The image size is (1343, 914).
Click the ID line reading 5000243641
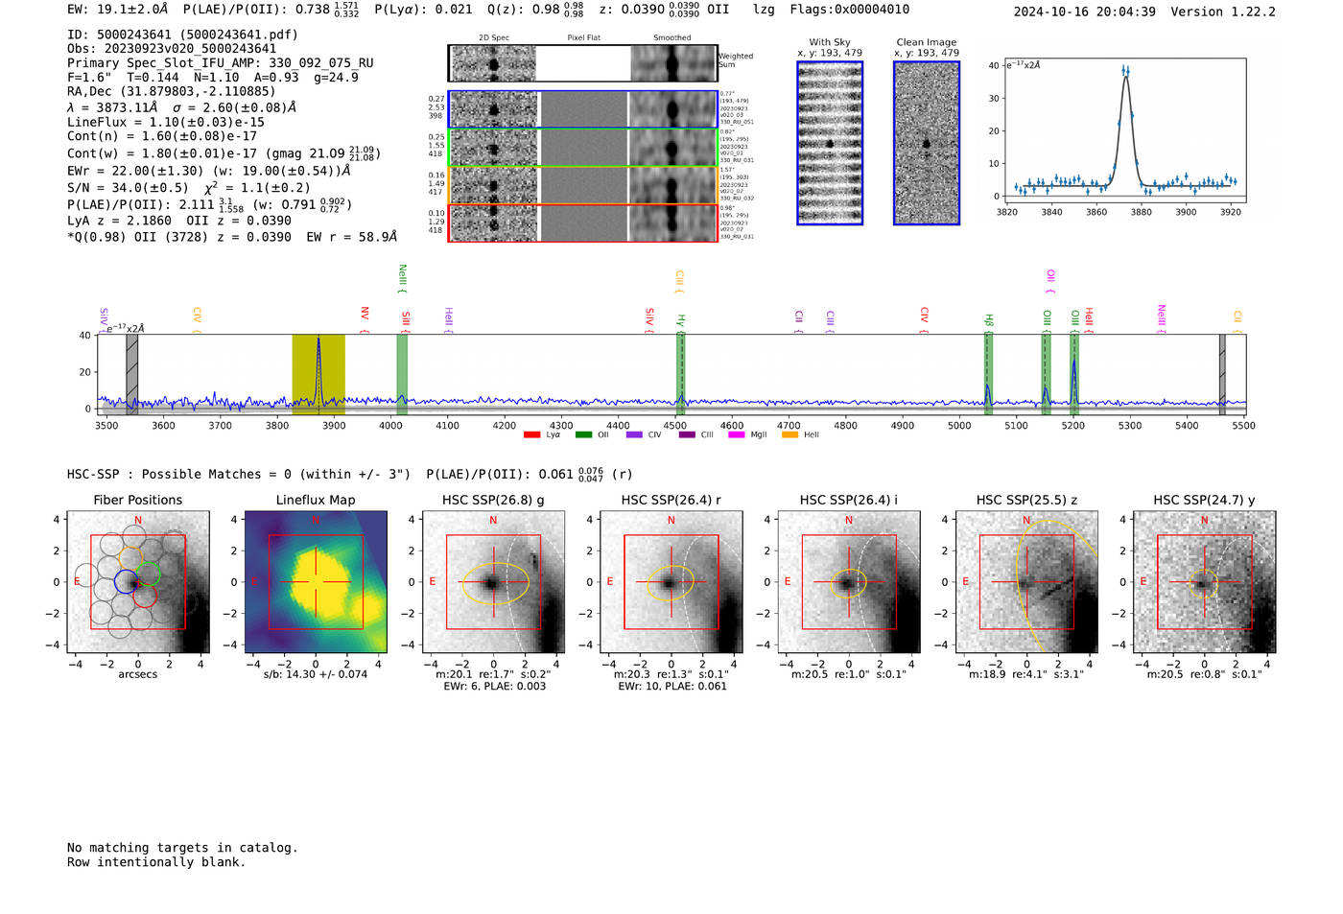tap(182, 35)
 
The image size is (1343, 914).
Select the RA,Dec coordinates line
tap(171, 92)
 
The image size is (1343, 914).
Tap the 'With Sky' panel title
tap(830, 42)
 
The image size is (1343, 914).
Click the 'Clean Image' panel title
tap(926, 42)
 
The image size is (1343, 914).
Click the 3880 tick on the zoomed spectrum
tap(1141, 212)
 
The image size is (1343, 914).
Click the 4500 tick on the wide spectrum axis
tap(674, 426)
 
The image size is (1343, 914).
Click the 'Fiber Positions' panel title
tap(137, 500)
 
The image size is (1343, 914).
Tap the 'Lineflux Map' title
tap(316, 500)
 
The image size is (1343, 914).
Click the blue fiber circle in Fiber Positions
tap(126, 581)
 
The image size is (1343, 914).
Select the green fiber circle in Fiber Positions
tap(147, 575)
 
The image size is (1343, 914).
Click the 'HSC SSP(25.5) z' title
tap(1027, 500)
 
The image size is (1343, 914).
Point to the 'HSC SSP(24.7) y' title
tap(1204, 500)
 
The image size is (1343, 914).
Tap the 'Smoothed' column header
tap(671, 38)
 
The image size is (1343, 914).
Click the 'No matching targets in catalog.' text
tap(182, 848)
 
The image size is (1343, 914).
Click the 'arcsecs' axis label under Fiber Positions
tap(137, 674)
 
